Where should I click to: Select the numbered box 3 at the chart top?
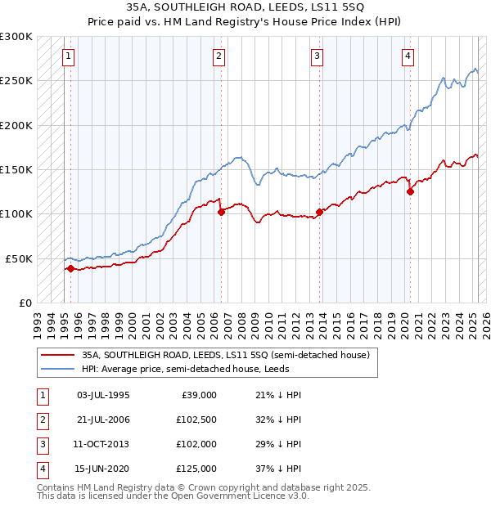(x=316, y=56)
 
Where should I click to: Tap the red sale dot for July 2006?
(x=221, y=212)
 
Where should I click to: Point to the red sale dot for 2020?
(x=410, y=192)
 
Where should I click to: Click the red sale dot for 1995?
(x=71, y=267)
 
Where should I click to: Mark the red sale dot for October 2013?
(x=319, y=212)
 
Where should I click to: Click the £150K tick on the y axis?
(x=16, y=169)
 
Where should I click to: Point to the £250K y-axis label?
(x=16, y=81)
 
